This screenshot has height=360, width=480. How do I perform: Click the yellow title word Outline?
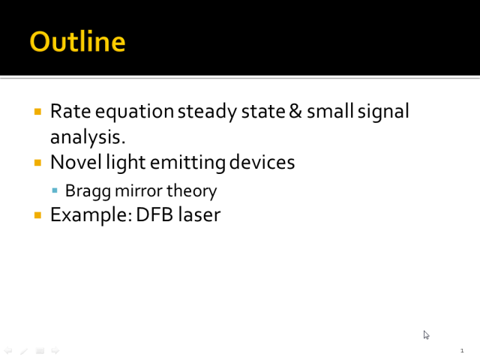77,41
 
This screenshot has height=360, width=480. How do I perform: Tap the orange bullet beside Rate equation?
37,112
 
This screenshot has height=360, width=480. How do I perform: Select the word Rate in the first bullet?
70,111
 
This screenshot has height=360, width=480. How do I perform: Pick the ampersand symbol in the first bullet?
295,111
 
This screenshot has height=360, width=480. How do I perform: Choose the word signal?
383,112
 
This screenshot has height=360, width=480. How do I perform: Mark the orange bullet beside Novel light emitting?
37,163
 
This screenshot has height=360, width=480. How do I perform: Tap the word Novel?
76,162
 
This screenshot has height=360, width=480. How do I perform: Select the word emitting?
187,163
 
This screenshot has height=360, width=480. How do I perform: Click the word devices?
262,162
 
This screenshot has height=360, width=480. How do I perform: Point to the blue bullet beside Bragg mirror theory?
55,190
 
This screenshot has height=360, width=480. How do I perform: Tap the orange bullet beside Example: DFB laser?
37,215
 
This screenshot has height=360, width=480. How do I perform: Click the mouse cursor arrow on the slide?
427,335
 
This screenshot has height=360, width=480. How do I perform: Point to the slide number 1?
462,351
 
